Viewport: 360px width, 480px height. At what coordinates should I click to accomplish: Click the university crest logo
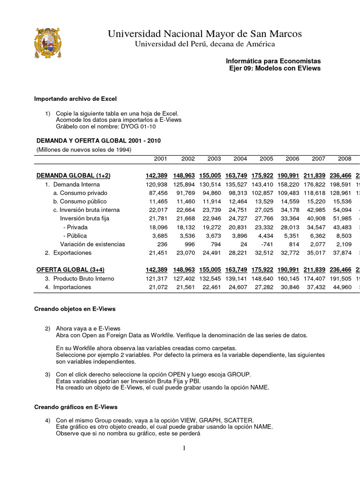point(47,44)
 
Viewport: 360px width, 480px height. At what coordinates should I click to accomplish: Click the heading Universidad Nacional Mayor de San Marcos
point(205,34)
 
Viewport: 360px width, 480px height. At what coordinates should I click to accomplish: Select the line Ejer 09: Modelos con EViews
point(274,68)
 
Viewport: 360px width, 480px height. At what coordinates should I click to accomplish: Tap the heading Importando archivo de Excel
point(75,99)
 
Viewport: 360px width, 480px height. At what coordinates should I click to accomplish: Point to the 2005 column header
point(266,159)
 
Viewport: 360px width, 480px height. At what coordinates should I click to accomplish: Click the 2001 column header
point(160,159)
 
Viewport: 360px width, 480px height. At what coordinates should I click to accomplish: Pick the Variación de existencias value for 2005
point(267,244)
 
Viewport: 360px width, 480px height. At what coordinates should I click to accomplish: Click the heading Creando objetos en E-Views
point(75,309)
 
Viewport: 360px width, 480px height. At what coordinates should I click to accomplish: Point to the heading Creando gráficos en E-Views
point(76,407)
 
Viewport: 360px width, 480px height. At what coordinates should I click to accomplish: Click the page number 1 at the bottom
point(184,448)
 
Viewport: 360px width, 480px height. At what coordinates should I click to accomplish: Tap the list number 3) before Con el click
point(48,375)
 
